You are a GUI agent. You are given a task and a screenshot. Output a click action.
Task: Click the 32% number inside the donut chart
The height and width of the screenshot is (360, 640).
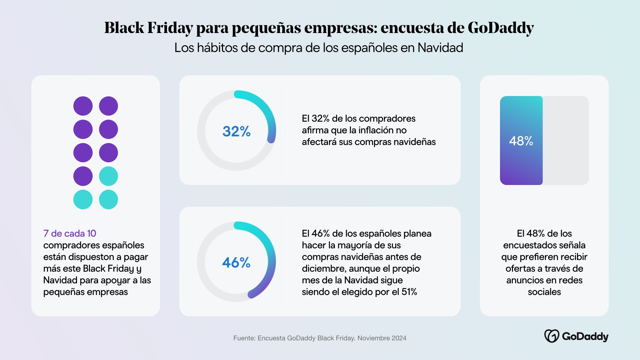[236, 131]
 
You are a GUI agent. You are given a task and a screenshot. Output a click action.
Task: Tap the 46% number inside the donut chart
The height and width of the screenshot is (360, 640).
[236, 263]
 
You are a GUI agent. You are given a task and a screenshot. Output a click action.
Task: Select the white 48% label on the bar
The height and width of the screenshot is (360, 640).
[521, 141]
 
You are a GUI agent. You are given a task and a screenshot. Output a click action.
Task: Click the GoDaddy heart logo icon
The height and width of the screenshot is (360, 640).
[552, 336]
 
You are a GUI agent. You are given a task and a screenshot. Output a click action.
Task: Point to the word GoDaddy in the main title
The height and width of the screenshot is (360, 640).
[501, 28]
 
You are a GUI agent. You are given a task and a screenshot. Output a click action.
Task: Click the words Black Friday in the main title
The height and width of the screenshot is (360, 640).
[149, 28]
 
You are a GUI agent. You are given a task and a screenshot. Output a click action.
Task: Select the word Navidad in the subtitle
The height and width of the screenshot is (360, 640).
[440, 48]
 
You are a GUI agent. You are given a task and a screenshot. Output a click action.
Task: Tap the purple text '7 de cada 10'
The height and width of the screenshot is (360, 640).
[70, 233]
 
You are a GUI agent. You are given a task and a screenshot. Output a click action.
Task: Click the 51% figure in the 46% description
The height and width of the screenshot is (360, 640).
[409, 292]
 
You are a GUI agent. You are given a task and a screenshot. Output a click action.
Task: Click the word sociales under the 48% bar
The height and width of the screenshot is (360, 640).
[544, 292]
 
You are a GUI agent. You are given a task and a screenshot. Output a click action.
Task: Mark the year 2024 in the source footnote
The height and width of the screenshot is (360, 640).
[399, 338]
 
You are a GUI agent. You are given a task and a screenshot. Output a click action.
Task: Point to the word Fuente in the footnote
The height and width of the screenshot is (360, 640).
[244, 338]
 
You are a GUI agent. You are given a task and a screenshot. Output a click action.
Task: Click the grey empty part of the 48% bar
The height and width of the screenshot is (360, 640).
[566, 140]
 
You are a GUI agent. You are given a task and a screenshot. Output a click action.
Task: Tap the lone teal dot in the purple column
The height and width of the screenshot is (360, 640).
[83, 199]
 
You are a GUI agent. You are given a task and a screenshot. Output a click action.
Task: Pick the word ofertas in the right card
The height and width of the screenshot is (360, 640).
[520, 269]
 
